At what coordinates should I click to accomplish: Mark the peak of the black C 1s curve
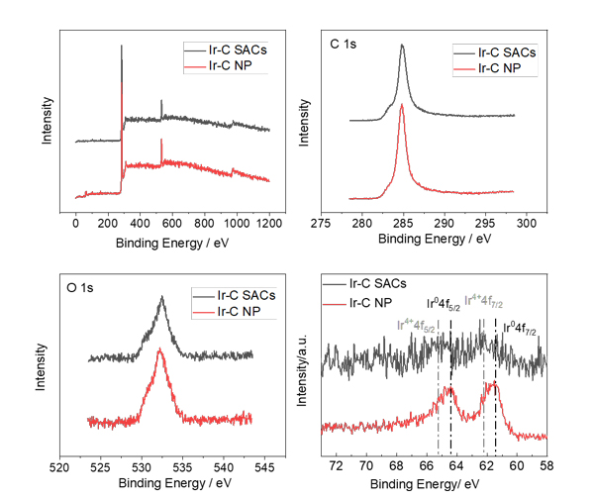tap(402, 45)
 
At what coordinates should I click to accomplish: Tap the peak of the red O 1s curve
tap(159, 349)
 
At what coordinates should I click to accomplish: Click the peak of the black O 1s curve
tap(161, 296)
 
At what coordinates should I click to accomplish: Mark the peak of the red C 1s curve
tap(402, 105)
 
